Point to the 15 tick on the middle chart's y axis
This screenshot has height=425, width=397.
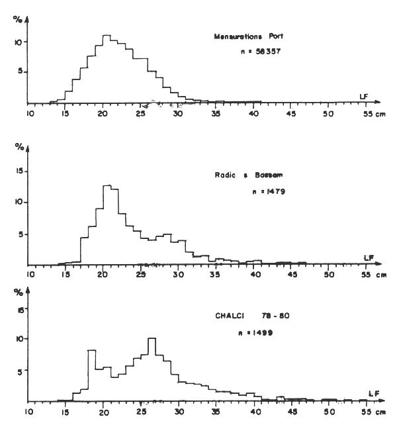click(19, 172)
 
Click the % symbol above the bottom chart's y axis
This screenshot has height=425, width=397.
click(18, 292)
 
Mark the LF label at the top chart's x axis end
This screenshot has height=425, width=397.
click(364, 96)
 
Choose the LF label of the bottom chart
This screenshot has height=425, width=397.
click(373, 393)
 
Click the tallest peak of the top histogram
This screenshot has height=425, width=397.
click(107, 36)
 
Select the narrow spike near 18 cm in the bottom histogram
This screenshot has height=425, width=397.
click(92, 351)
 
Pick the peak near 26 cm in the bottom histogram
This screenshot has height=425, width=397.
click(152, 339)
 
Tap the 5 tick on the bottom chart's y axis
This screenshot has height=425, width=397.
click(21, 371)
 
